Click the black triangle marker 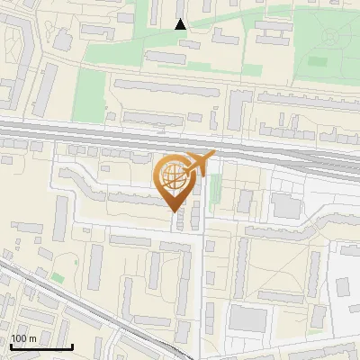pyautogui.click(x=181, y=24)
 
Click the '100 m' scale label pyautogui.click(x=23, y=338)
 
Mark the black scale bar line pyautogui.click(x=40, y=346)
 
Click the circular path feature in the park pyautogui.click(x=331, y=37)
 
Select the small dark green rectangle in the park pyautogui.click(x=316, y=62)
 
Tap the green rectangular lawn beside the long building pyautogui.click(x=89, y=89)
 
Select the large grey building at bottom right pyautogui.click(x=247, y=318)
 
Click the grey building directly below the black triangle pyautogui.click(x=165, y=57)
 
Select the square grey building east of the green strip pyautogui.click(x=286, y=206)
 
